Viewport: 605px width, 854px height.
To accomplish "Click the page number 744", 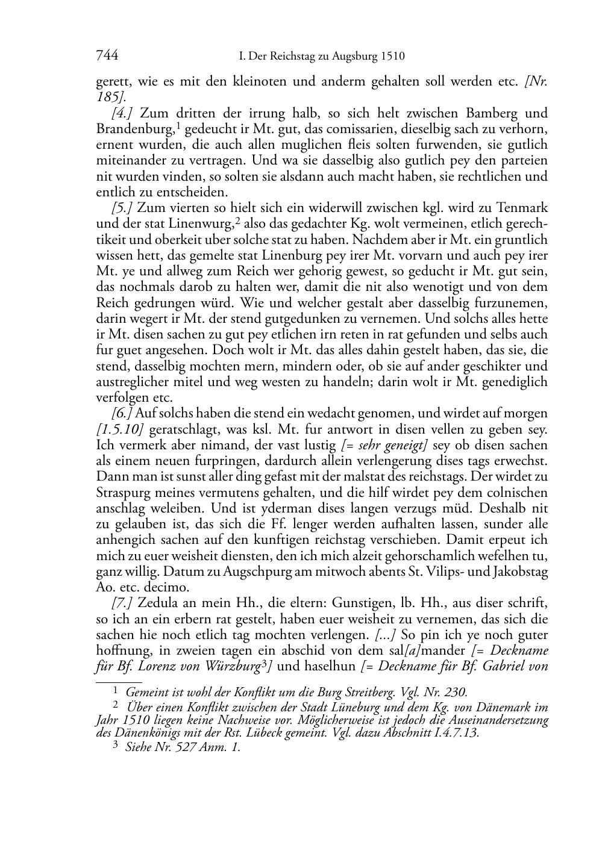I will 107,56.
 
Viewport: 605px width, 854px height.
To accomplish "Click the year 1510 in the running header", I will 392,57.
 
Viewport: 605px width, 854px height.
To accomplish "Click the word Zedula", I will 160,603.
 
